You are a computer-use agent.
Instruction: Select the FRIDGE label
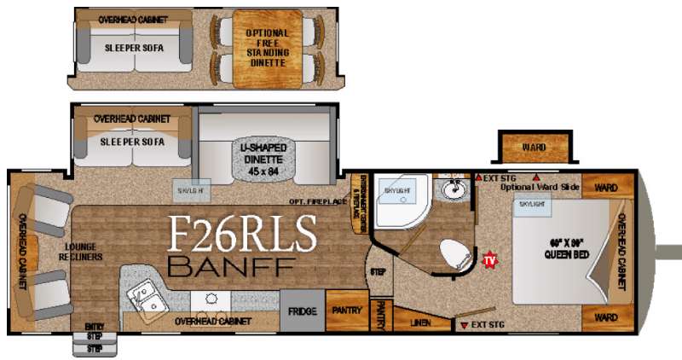point(303,311)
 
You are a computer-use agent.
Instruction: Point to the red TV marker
point(489,258)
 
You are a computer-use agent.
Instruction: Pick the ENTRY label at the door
point(94,327)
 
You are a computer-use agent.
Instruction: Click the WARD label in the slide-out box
point(535,148)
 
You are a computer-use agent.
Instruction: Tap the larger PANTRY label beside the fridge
point(347,311)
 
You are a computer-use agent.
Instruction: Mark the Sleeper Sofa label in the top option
point(134,48)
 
